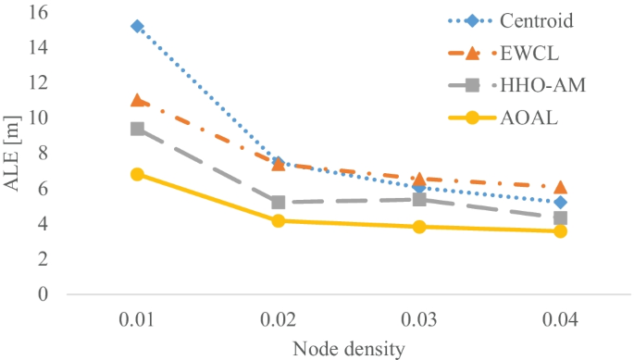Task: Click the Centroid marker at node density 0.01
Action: click(138, 26)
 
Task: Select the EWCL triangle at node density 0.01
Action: click(138, 100)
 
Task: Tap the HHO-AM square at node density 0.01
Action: click(138, 129)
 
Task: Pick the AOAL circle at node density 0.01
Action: click(138, 174)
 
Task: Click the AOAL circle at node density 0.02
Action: click(279, 220)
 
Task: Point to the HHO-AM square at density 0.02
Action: click(279, 202)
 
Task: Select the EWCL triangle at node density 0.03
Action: click(419, 179)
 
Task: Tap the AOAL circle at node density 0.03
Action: click(419, 227)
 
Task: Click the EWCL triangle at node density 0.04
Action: click(560, 187)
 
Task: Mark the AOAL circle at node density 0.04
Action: click(560, 230)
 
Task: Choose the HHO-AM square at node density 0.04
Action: click(560, 218)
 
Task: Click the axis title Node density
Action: click(348, 349)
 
